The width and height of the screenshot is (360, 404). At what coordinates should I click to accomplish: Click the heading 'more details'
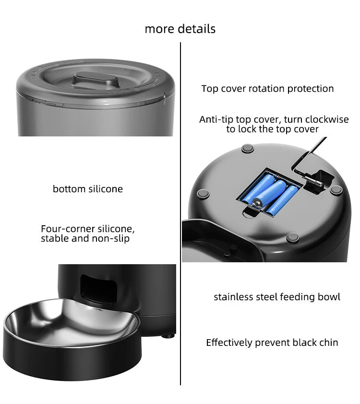tap(180, 29)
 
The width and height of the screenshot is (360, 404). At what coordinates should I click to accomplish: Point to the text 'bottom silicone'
tap(88, 189)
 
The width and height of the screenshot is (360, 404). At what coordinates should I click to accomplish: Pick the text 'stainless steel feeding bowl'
tap(277, 297)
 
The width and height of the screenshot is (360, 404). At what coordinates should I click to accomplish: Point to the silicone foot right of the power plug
tap(335, 189)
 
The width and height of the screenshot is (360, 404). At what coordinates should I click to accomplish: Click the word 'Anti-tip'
tap(216, 120)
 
